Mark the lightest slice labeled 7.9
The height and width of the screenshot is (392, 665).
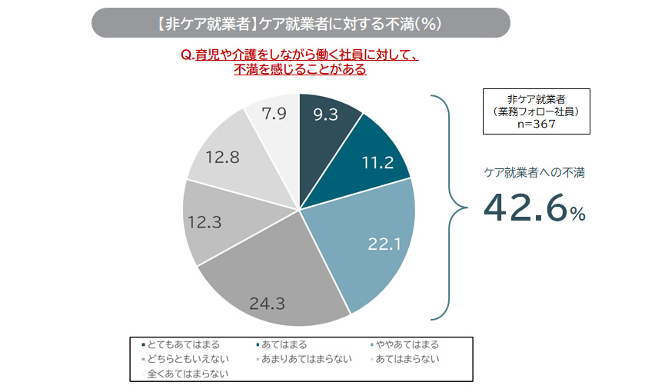coord(275,115)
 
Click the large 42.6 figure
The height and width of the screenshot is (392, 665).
coord(524,208)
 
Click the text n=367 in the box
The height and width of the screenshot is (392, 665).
coord(536,124)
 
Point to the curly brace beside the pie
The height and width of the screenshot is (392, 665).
coord(449,206)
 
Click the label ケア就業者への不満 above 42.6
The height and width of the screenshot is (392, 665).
coord(534,173)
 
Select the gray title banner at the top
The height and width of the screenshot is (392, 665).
coord(301,23)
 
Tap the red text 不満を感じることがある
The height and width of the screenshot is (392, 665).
coord(300,69)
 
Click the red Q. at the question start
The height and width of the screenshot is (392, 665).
coord(185,55)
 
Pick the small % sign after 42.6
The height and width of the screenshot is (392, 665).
coord(577,214)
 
